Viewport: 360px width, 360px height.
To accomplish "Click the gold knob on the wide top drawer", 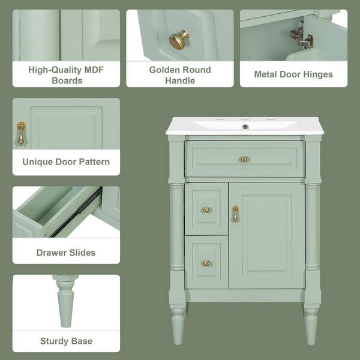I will click(244, 159).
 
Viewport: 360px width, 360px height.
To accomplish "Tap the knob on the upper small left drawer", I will click(206, 209).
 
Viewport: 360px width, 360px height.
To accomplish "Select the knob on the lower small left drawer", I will click(206, 263).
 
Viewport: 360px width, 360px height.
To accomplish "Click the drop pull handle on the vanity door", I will click(235, 213).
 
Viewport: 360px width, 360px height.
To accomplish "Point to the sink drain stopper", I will click(245, 127).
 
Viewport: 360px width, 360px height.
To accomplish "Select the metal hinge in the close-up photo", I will click(302, 37).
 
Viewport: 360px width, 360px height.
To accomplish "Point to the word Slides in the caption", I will click(82, 253).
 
